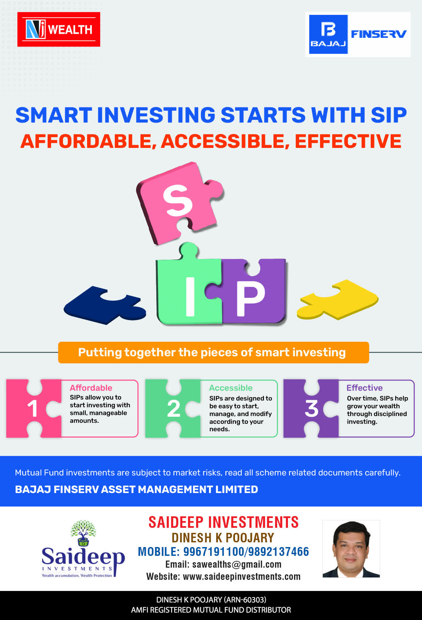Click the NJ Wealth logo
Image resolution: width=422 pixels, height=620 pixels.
[x=59, y=29]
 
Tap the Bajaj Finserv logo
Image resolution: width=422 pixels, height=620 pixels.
[x=358, y=34]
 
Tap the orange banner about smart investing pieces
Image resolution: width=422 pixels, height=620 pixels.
[x=213, y=353]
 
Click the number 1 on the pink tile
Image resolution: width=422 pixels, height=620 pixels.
[x=32, y=409]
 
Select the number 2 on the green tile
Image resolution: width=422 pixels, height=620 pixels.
[x=174, y=409]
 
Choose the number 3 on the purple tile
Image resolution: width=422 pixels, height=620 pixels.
[x=312, y=409]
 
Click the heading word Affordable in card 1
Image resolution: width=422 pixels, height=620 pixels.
[x=91, y=388]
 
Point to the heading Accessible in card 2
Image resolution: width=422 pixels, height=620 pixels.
[x=231, y=388]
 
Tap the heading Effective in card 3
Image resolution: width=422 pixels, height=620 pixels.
[x=365, y=388]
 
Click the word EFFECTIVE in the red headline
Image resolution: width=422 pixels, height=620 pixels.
[x=348, y=141]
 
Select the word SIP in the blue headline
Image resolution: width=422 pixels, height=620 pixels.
[x=389, y=115]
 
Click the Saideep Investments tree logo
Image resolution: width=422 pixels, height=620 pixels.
[x=83, y=549]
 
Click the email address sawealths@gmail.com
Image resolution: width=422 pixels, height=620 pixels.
[x=237, y=564]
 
